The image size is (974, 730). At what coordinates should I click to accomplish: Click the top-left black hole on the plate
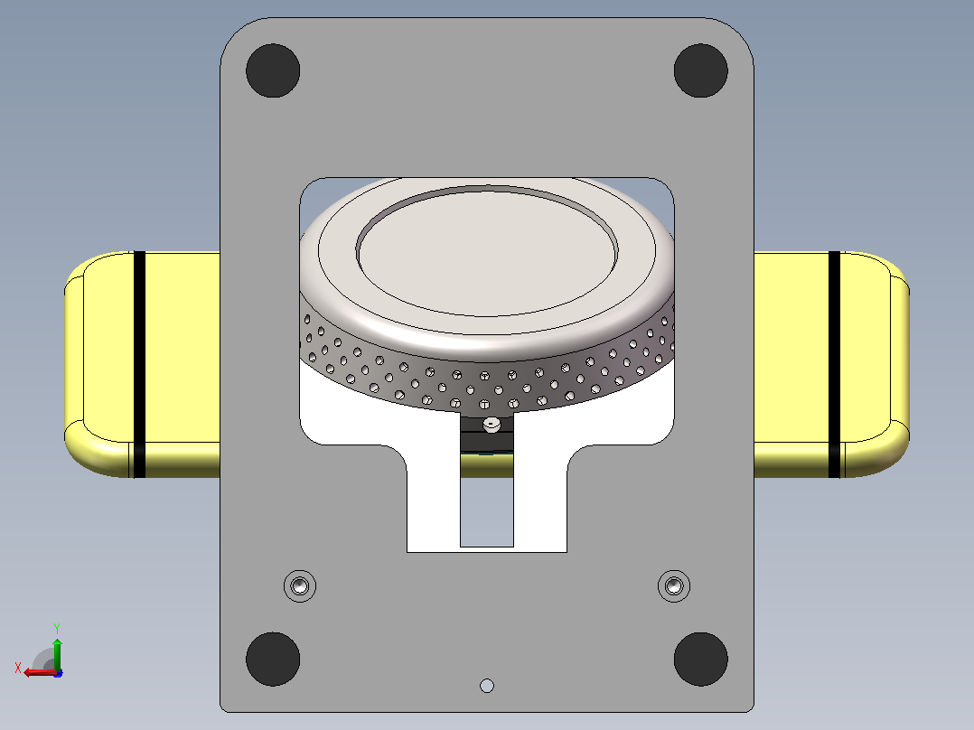pos(273,70)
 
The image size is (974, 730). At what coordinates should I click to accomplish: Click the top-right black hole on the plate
pos(701,70)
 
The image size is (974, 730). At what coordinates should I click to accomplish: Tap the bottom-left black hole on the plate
pos(273,660)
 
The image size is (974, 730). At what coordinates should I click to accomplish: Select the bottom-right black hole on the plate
pos(701,660)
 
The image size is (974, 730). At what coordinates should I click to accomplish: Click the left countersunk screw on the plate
pos(300,585)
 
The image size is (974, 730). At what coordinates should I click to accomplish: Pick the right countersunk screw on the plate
pos(674,585)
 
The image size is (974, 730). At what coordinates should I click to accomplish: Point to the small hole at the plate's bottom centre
pos(487,686)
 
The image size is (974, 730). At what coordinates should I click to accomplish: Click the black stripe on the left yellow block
pos(140,365)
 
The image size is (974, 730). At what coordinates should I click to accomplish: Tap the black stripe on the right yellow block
pos(834,365)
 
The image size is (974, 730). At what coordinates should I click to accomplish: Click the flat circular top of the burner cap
pos(487,253)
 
